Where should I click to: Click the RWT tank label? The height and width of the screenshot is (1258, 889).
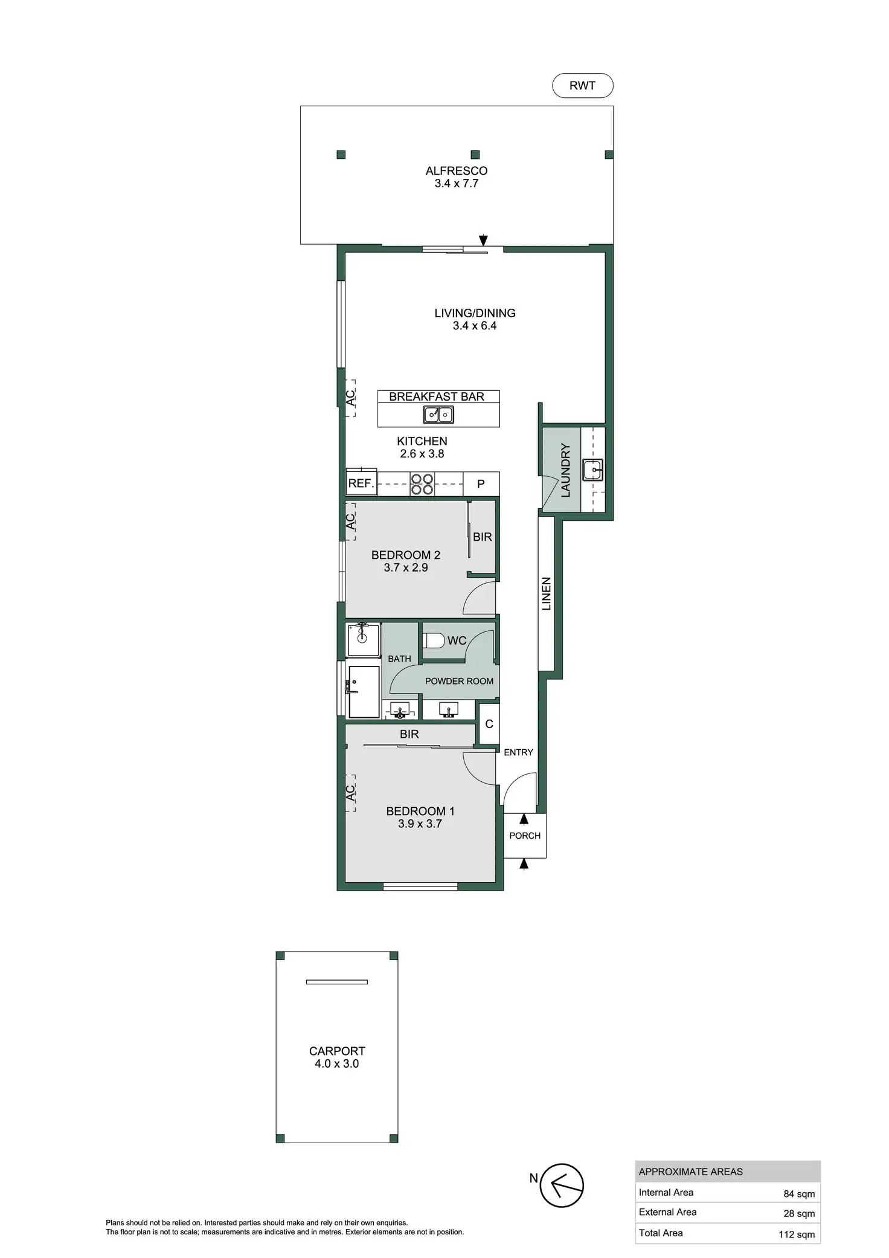(582, 86)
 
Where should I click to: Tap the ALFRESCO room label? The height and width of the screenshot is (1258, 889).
(456, 171)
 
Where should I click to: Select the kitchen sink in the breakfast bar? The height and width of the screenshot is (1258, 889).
(438, 415)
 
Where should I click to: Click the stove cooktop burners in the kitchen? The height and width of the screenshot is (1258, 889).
(422, 484)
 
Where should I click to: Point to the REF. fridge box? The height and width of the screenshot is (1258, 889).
(361, 483)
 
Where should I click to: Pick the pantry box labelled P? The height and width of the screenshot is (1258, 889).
(481, 484)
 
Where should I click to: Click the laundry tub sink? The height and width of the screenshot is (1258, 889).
(592, 469)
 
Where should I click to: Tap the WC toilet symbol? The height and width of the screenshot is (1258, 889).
(433, 640)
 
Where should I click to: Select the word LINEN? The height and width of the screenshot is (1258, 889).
(546, 593)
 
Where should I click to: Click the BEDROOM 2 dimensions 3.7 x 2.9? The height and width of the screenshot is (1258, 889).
(406, 567)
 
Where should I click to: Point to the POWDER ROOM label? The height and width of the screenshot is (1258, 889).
(459, 681)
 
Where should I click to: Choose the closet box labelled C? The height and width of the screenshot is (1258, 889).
(489, 724)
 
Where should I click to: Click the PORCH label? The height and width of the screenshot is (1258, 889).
(525, 836)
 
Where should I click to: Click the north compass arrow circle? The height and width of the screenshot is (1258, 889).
(562, 1185)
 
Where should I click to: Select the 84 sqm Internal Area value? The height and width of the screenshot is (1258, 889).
(798, 1194)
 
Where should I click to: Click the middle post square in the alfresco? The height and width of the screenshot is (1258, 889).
(475, 155)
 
